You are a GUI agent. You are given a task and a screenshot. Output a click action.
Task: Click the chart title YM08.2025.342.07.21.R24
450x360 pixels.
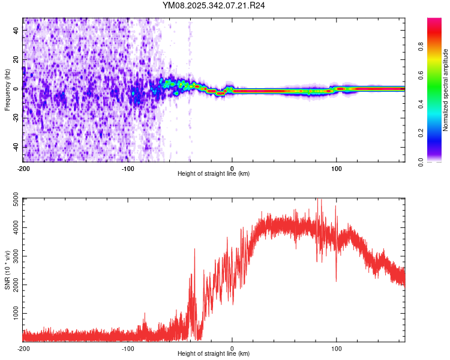[214, 5]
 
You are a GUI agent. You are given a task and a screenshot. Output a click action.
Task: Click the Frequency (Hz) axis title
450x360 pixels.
[7, 90]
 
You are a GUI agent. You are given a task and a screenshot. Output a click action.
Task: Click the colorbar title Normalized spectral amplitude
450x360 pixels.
[445, 91]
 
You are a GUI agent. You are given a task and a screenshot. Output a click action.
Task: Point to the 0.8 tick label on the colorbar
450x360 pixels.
[421, 47]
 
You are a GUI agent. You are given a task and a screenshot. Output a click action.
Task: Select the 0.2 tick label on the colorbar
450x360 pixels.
[421, 133]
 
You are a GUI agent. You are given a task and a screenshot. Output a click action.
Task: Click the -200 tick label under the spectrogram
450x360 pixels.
[23, 167]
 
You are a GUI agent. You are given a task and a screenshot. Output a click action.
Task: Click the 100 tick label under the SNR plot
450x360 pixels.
[337, 348]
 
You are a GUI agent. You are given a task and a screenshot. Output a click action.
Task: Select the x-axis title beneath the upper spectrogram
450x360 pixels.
[214, 173]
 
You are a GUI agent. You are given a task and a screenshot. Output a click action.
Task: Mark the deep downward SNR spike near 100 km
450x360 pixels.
[335, 279]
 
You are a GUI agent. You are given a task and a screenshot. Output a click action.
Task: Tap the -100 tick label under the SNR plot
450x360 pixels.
[128, 348]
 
